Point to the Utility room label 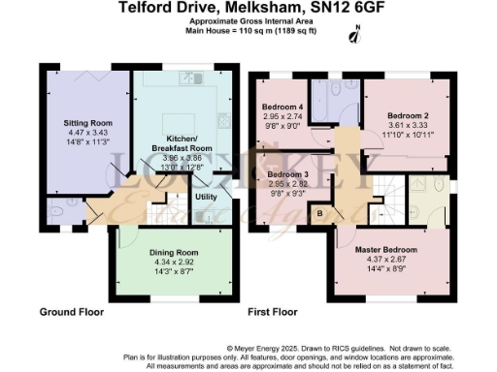(206, 198)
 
